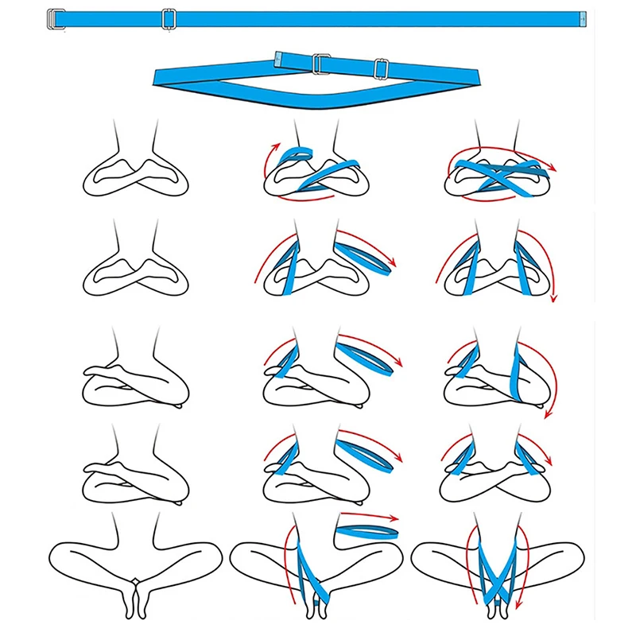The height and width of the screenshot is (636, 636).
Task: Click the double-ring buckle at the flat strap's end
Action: coord(54,17)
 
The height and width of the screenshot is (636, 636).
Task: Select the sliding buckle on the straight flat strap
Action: coord(167,17)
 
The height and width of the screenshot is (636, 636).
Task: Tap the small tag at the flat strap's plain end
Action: coord(582,17)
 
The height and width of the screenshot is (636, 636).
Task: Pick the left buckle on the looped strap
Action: coord(320,64)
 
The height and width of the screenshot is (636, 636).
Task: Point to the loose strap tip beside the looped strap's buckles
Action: coord(280,57)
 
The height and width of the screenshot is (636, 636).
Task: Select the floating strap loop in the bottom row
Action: coord(366,533)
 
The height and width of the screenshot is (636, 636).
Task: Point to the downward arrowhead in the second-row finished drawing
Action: coord(554,298)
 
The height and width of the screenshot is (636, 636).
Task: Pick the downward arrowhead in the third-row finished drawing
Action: coord(548,413)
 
